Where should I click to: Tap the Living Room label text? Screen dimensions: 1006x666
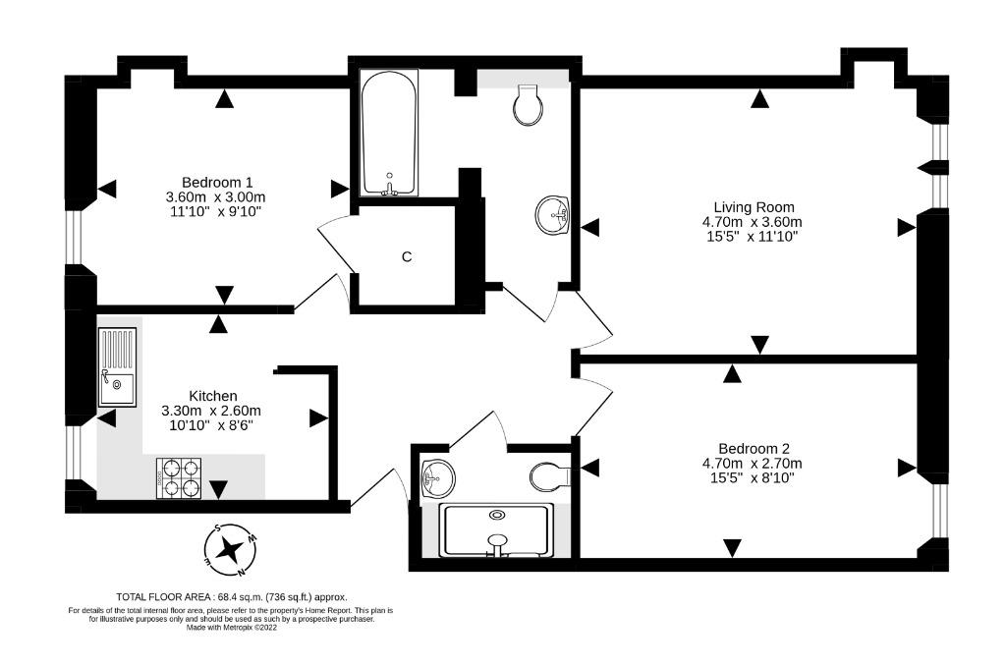(x=754, y=207)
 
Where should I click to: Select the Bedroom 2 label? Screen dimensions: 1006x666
(x=754, y=449)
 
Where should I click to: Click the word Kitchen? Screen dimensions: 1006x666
(x=212, y=396)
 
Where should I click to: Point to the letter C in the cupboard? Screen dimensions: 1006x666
(x=406, y=256)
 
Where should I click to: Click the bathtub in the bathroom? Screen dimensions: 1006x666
(x=389, y=133)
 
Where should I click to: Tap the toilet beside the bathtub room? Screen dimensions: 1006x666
(x=528, y=105)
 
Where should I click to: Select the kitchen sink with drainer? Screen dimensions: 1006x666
(x=117, y=366)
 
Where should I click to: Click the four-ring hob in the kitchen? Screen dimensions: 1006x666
(x=179, y=478)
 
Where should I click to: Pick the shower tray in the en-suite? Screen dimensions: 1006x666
(x=496, y=530)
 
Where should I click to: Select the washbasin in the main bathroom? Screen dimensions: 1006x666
(x=553, y=215)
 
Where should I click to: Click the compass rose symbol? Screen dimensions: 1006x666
(x=230, y=549)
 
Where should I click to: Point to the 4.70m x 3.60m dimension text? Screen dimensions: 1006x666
(x=752, y=222)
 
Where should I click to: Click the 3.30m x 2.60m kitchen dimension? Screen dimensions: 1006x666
(x=211, y=411)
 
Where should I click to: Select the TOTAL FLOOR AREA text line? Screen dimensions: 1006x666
(x=232, y=596)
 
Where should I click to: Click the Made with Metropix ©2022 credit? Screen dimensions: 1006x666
(x=232, y=628)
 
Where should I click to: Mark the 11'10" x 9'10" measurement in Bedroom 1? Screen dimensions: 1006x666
(x=215, y=211)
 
